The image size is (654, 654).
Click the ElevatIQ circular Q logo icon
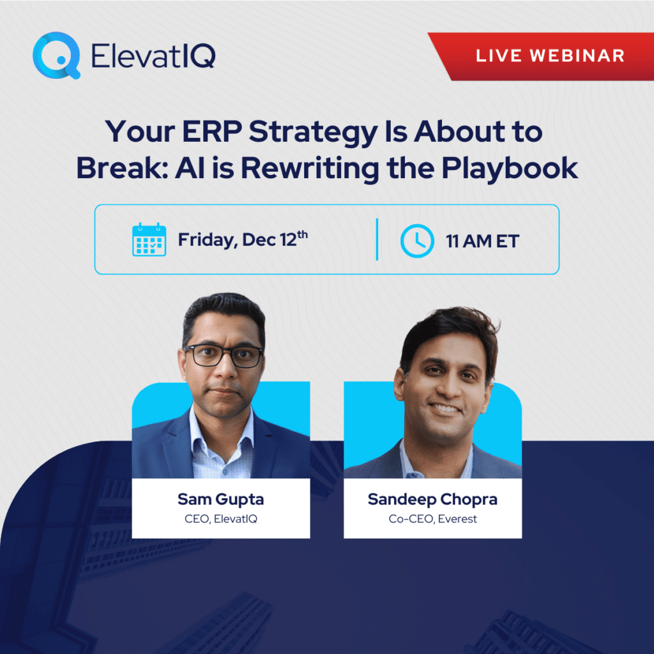(x=56, y=56)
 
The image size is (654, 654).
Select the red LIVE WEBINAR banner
(x=549, y=56)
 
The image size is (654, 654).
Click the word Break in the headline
(x=118, y=168)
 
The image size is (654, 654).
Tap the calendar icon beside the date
(x=149, y=240)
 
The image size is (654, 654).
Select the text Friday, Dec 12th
(x=243, y=240)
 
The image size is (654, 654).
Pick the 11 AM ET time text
(x=482, y=241)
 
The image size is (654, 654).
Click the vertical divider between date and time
(x=377, y=240)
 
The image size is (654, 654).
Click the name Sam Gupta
(x=220, y=498)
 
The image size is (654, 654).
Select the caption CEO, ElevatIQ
(x=220, y=518)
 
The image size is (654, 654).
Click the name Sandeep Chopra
(x=432, y=498)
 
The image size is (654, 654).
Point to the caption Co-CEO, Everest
(x=432, y=518)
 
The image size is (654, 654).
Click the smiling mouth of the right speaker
(x=446, y=408)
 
